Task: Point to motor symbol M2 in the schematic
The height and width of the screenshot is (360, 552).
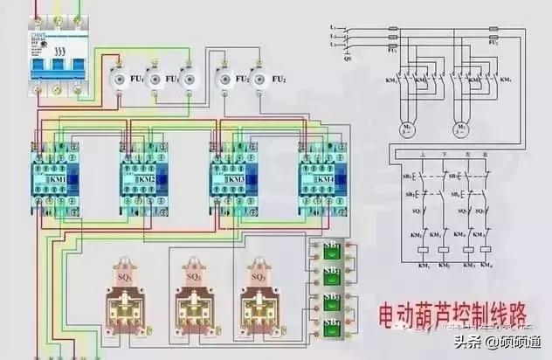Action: (x=460, y=128)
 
